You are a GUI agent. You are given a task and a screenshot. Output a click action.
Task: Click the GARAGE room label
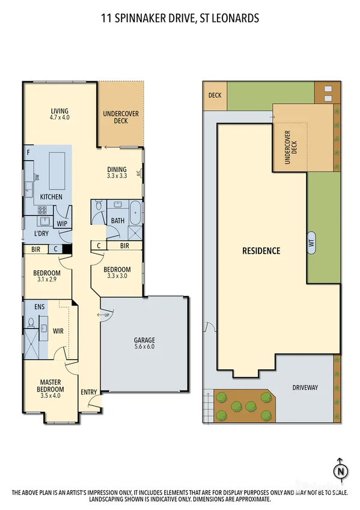pos(144,340)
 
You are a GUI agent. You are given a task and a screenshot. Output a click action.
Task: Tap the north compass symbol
pos(341,470)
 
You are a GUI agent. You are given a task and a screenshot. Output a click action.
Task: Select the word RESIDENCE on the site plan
pos(261,250)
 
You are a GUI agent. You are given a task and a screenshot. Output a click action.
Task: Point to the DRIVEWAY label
pos(305,387)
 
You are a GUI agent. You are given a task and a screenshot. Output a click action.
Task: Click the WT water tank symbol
pos(312,243)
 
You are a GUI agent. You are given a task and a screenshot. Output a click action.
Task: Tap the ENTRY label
pos(89,392)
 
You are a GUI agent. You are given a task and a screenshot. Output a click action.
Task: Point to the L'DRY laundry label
pos(41,233)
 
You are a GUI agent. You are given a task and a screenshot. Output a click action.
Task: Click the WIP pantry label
pos(61,224)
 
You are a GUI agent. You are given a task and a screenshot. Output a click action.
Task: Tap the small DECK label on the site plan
pos(215,95)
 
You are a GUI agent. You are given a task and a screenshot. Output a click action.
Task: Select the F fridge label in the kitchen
pos(28,152)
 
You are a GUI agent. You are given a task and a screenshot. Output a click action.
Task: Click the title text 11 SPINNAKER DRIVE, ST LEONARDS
pos(180,19)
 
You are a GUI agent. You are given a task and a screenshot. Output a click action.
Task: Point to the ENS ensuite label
pos(39,307)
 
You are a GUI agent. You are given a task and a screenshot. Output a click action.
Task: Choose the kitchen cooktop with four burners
pos(43,210)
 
